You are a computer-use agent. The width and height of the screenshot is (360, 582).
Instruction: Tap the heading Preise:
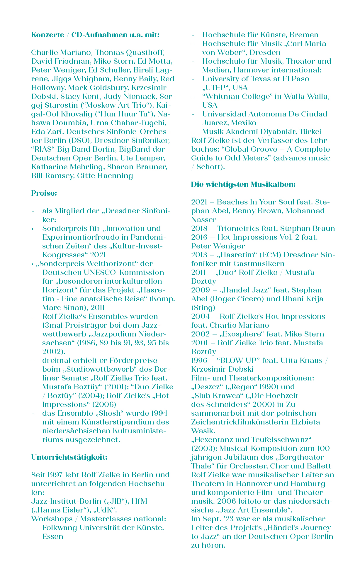pyautogui.click(x=44, y=193)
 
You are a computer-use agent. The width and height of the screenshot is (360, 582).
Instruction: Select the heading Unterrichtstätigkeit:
pyautogui.click(x=69, y=457)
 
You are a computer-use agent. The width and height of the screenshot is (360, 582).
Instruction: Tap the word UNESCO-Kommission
pyautogui.click(x=124, y=273)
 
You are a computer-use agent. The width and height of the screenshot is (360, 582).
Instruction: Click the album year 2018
pyautogui.click(x=199, y=229)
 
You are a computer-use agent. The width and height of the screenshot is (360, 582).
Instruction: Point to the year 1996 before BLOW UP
pyautogui.click(x=199, y=361)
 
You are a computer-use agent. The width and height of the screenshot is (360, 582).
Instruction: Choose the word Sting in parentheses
pyautogui.click(x=203, y=308)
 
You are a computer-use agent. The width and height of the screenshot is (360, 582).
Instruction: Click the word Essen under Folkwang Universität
pyautogui.click(x=53, y=537)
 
